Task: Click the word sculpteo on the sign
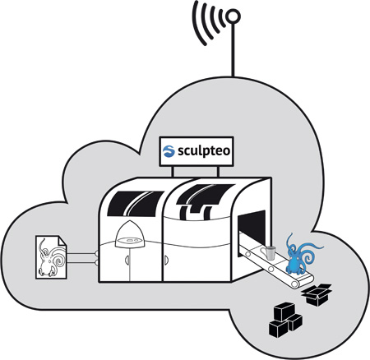coord(204,151)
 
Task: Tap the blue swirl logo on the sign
coord(169,151)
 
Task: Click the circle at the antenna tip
coord(233,16)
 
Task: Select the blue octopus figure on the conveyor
coord(300,254)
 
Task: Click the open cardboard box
coord(317,295)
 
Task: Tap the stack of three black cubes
coord(285,320)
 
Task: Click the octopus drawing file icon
coord(51,257)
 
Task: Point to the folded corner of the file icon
coord(62,240)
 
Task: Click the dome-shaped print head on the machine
coord(130,234)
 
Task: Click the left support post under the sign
coord(173,172)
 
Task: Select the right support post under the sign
coord(218,172)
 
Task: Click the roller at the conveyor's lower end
coord(295,284)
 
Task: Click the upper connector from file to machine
coord(82,254)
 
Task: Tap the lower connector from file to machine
coord(82,263)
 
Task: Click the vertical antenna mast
coord(233,50)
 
